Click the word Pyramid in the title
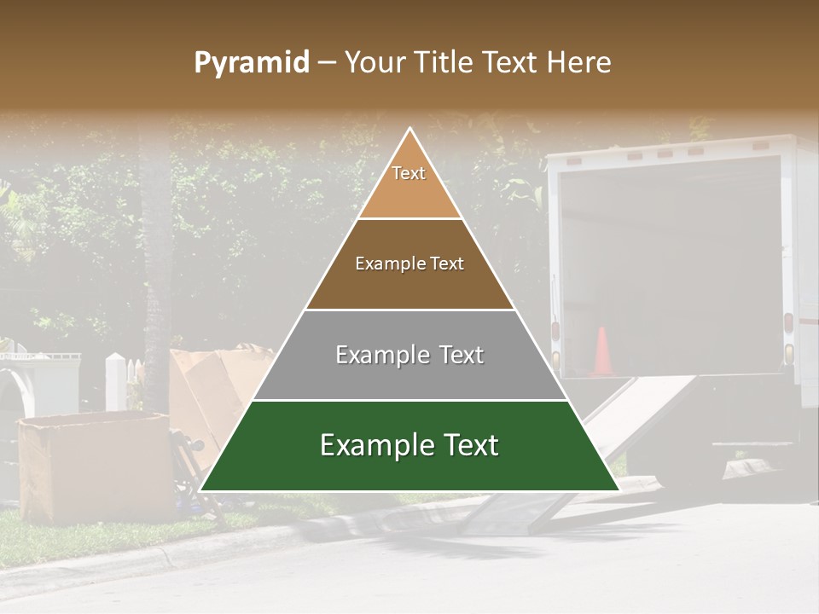(x=252, y=63)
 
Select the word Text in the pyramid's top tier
(x=409, y=173)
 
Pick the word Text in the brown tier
(x=447, y=264)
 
